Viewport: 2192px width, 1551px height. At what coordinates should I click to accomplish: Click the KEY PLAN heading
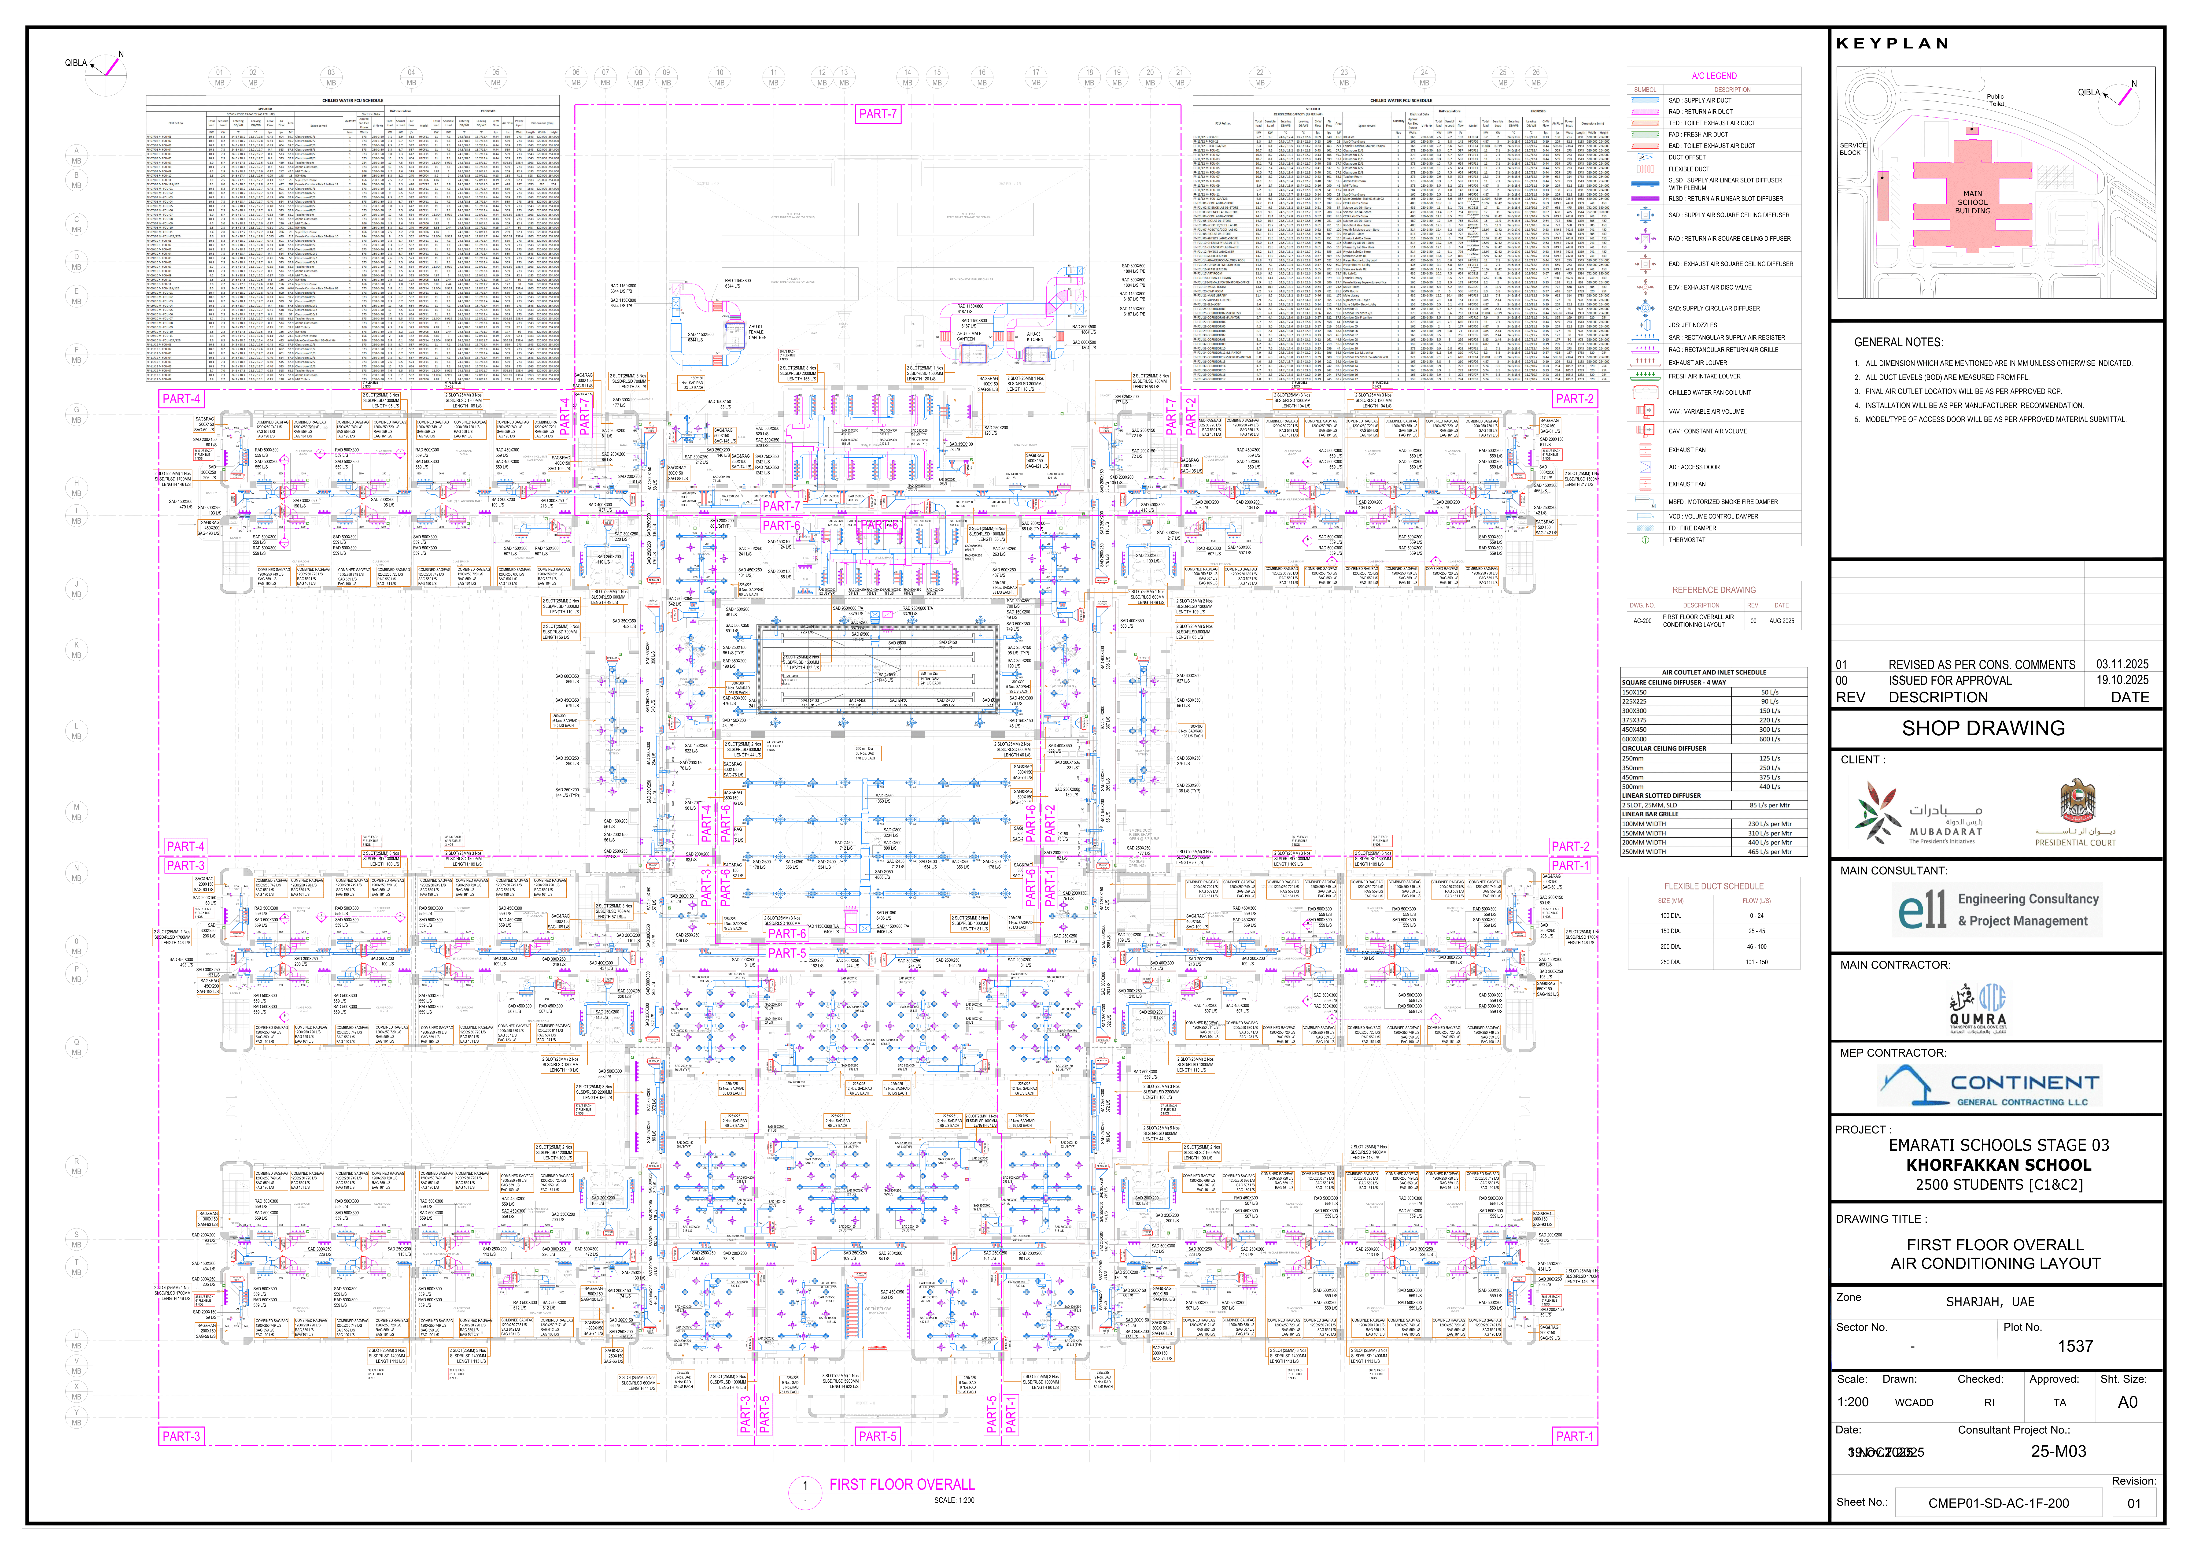click(1891, 44)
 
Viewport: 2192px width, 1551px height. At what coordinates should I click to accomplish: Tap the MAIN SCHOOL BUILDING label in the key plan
click(1972, 203)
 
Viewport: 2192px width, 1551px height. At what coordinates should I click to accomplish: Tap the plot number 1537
click(2074, 1347)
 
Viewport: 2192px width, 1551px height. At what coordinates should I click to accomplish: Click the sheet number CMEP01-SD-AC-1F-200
click(1998, 1503)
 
